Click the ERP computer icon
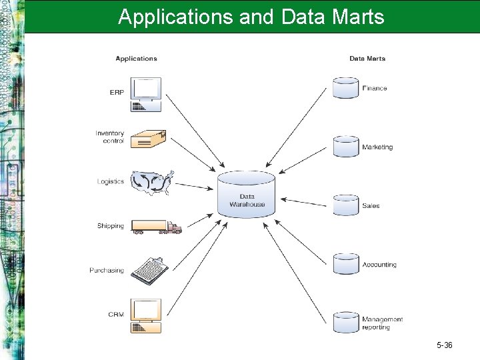(x=146, y=94)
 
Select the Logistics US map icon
(x=153, y=182)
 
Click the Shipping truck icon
(x=156, y=227)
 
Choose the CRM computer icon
(x=146, y=315)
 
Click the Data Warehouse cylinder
(x=247, y=193)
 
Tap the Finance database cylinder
(x=345, y=88)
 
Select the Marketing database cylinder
(x=345, y=147)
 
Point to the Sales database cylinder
(x=345, y=205)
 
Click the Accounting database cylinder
(x=345, y=264)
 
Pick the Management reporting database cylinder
(x=345, y=322)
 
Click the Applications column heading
(x=136, y=59)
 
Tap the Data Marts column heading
(x=367, y=59)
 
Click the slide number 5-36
(x=445, y=345)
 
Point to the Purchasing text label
(x=107, y=271)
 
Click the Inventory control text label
(x=109, y=137)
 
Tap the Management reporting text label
(x=382, y=323)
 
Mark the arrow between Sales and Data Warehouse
(x=305, y=202)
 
